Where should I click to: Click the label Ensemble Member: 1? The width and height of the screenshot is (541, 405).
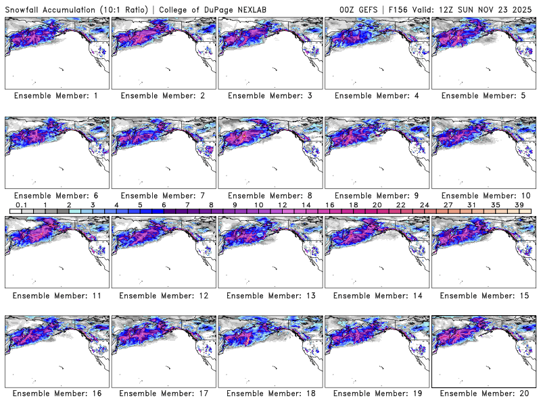pyautogui.click(x=56, y=96)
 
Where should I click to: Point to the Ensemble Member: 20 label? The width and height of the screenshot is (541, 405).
pyautogui.click(x=483, y=393)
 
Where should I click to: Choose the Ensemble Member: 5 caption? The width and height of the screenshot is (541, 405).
pyautogui.click(x=483, y=96)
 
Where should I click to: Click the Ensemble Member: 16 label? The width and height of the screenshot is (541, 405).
pyautogui.click(x=56, y=393)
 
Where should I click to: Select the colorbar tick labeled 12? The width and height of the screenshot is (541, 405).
pyautogui.click(x=282, y=205)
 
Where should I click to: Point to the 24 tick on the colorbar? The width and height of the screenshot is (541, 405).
pyautogui.click(x=424, y=205)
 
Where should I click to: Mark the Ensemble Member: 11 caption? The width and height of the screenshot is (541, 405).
pyautogui.click(x=56, y=295)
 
